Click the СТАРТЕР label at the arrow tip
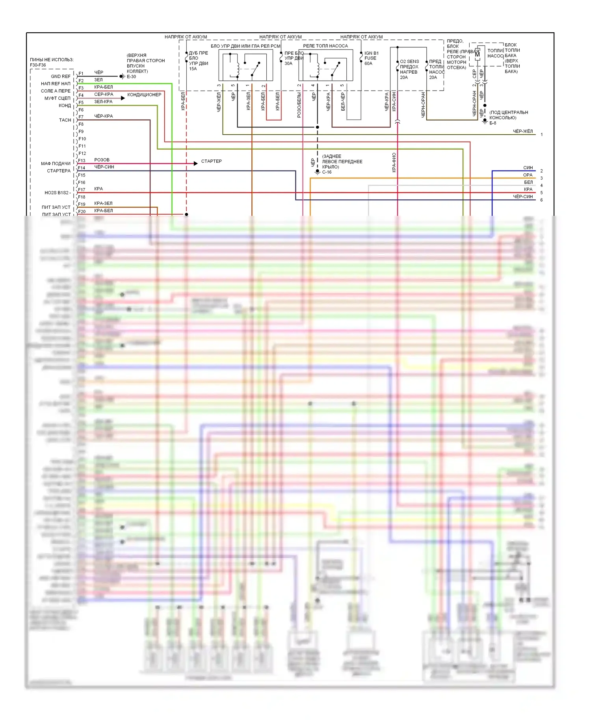coord(211,161)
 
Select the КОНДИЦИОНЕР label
coord(144,95)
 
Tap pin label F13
coord(82,161)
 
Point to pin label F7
coord(81,117)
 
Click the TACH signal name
coord(65,120)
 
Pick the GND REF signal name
coord(61,76)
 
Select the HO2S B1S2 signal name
coord(57,193)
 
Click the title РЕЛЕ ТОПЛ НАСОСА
coord(325,46)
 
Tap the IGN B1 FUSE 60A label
coord(371,58)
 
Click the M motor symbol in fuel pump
coord(477,55)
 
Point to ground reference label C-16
coord(327,172)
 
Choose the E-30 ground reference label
coord(131,77)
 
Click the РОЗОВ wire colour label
coord(102,160)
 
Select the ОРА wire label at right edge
coord(528,175)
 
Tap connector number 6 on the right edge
coord(541,200)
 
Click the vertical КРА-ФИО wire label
coord(394,162)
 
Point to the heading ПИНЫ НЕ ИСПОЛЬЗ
coord(52,60)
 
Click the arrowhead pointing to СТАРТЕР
coord(195,163)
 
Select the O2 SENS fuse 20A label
coord(409,69)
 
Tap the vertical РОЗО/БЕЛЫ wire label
coord(299,105)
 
